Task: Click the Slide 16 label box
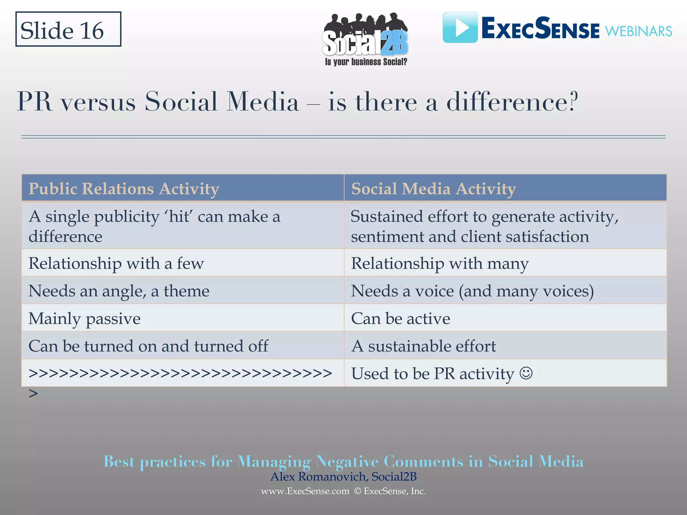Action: click(x=68, y=30)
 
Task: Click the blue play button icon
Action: click(x=460, y=27)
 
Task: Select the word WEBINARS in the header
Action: click(x=638, y=32)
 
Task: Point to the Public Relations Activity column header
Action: click(x=124, y=188)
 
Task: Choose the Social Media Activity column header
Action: click(x=433, y=188)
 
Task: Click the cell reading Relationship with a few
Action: click(x=116, y=263)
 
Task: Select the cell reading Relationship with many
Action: click(x=439, y=263)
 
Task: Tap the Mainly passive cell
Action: click(x=85, y=318)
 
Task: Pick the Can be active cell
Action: click(x=400, y=318)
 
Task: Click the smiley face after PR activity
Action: click(x=526, y=373)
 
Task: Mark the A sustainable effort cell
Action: click(x=423, y=346)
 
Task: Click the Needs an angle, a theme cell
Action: click(x=119, y=291)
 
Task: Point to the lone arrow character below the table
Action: click(x=33, y=393)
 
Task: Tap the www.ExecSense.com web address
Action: click(x=305, y=491)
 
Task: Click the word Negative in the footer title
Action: click(x=347, y=462)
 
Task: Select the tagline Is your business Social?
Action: click(x=366, y=62)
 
